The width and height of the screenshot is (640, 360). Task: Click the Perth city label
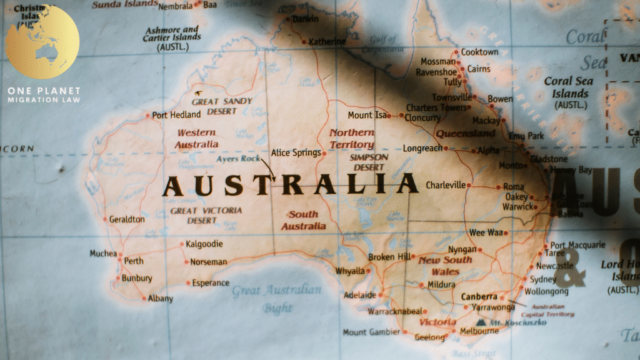click(x=134, y=261)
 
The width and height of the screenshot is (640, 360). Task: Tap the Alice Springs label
click(x=296, y=152)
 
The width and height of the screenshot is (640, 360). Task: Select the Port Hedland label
click(x=176, y=114)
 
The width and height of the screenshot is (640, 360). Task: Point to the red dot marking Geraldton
click(x=104, y=219)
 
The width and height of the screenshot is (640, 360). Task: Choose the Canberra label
click(x=479, y=296)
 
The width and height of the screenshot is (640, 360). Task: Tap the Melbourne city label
click(x=479, y=331)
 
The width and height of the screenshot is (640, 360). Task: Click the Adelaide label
click(x=359, y=294)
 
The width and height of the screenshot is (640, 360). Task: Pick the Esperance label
click(x=211, y=282)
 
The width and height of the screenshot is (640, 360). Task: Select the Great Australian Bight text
click(x=276, y=299)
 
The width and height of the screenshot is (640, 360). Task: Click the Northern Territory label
click(x=352, y=138)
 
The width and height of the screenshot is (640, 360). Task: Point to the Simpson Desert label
click(x=368, y=162)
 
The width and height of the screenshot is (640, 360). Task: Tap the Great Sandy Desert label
click(x=222, y=106)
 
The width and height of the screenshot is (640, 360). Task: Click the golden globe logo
click(x=42, y=42)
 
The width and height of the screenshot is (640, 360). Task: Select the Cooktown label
click(x=480, y=52)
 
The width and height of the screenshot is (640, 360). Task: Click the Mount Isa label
click(x=367, y=115)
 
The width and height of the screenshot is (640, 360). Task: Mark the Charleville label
click(x=446, y=185)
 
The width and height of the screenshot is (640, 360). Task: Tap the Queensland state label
click(x=466, y=134)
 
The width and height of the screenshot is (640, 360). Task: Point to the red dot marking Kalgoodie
click(x=181, y=244)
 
